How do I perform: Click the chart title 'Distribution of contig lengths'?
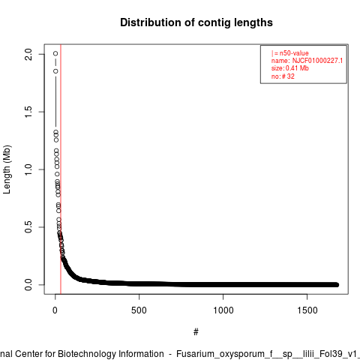(x=196, y=22)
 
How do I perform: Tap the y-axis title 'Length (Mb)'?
(x=7, y=169)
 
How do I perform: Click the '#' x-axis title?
(x=196, y=332)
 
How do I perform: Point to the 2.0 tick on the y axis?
(x=28, y=54)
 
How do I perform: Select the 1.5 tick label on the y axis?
(x=28, y=112)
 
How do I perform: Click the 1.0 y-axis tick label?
(x=28, y=169)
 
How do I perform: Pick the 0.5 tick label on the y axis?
(x=28, y=227)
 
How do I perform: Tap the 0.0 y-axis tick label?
(x=28, y=285)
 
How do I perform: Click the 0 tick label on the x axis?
(x=55, y=310)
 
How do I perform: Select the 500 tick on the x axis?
(x=139, y=310)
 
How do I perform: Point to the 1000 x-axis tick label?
(x=223, y=310)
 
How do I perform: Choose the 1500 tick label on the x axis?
(x=307, y=310)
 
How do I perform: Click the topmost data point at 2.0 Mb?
(x=55, y=53)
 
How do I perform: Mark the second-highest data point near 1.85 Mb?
(x=55, y=71)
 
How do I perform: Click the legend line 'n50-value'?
(x=290, y=53)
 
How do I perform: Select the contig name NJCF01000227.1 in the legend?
(x=317, y=61)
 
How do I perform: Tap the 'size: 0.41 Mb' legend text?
(x=290, y=68)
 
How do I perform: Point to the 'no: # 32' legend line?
(x=283, y=76)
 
